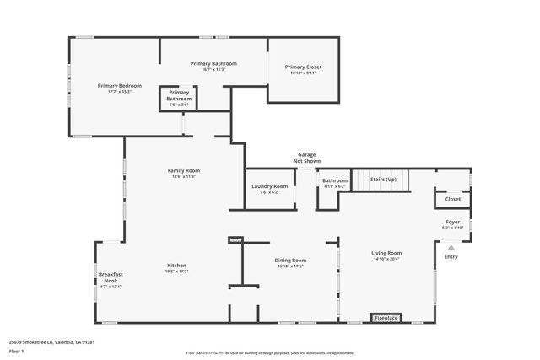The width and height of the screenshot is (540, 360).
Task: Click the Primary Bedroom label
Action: (119, 86)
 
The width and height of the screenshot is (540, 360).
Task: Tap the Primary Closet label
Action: (303, 67)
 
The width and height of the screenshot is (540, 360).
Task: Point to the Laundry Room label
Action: (269, 186)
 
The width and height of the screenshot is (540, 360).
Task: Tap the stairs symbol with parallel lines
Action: (379, 180)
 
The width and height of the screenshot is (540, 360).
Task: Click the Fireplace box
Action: (386, 318)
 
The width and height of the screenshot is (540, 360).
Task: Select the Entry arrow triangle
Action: (451, 248)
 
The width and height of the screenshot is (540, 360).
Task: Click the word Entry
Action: (451, 257)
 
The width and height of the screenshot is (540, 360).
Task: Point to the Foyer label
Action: (453, 223)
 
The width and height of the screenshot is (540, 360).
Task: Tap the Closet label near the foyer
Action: (453, 200)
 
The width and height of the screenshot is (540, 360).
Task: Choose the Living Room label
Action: (387, 253)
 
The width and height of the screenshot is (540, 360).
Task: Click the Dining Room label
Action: (290, 261)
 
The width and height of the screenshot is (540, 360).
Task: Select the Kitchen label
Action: (176, 266)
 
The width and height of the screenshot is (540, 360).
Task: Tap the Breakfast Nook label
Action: (111, 277)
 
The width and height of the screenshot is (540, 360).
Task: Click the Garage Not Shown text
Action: (306, 158)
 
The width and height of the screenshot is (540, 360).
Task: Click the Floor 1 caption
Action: (17, 351)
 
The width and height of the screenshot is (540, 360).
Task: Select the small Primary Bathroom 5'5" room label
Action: (179, 96)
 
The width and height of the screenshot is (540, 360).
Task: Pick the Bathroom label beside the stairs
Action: (334, 180)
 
